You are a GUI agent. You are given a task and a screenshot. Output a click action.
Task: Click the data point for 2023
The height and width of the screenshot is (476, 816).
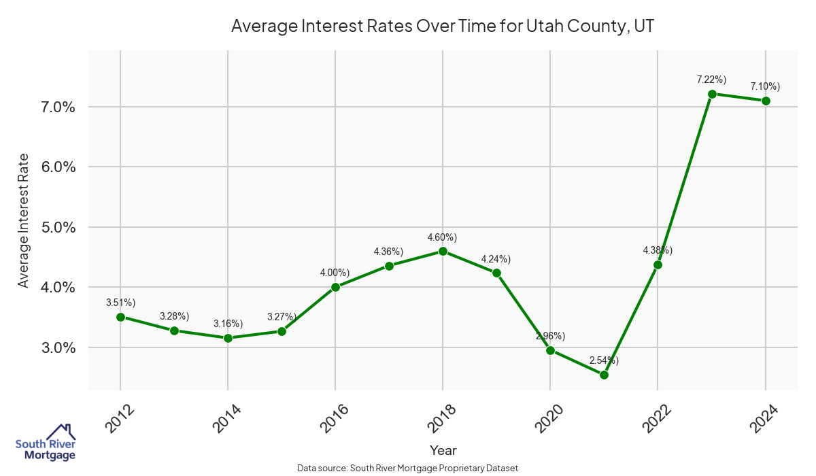712,94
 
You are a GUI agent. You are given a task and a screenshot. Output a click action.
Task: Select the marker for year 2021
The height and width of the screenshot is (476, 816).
604,375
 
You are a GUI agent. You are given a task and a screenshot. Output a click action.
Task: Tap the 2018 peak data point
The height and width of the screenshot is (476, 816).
443,251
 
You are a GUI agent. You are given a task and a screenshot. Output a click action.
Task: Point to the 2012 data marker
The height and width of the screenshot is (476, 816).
120,317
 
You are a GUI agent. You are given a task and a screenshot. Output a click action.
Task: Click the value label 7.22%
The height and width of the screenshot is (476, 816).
712,80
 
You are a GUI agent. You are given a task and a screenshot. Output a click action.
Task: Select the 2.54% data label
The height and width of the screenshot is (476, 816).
604,360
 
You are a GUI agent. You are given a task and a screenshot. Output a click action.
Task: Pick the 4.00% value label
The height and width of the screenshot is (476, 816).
335,273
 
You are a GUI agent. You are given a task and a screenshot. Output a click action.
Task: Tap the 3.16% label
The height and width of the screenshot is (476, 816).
228,324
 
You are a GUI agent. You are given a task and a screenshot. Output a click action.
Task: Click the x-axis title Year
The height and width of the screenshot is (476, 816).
443,450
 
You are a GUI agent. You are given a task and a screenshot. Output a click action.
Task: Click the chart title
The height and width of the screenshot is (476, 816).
443,26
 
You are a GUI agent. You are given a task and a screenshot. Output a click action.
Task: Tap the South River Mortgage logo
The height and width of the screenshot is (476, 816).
46,443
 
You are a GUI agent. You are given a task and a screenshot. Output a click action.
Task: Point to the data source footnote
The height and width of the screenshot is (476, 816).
408,469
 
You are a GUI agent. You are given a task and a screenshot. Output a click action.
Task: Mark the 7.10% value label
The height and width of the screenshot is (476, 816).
765,86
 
